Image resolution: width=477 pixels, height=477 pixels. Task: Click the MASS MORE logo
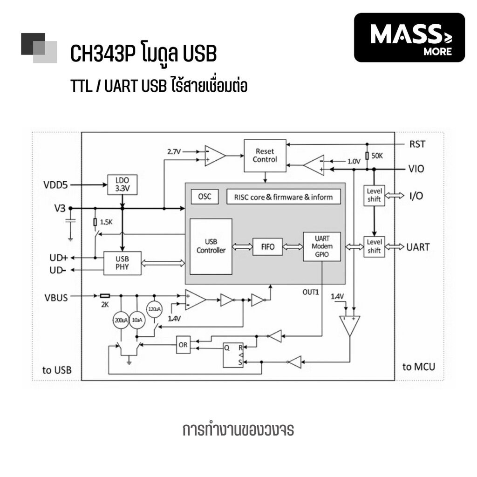[409, 37]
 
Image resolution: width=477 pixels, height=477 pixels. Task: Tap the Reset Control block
[265, 156]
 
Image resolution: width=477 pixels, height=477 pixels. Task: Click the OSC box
[204, 197]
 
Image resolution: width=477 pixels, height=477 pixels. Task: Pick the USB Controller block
[211, 246]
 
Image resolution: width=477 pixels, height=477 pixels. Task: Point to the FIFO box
[267, 246]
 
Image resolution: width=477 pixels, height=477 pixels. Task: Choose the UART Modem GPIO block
[322, 246]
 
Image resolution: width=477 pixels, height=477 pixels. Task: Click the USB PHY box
[122, 263]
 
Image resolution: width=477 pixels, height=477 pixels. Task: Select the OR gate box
[183, 345]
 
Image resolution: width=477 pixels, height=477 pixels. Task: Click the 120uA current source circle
[154, 308]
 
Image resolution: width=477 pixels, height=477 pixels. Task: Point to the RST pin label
[417, 144]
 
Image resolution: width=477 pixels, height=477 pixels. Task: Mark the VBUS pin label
[56, 297]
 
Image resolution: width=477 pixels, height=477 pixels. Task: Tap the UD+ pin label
[59, 258]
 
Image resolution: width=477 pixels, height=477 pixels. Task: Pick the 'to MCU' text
[419, 367]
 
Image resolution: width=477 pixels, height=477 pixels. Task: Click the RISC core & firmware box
[283, 197]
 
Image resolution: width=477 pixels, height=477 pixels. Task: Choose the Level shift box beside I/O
[374, 196]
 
